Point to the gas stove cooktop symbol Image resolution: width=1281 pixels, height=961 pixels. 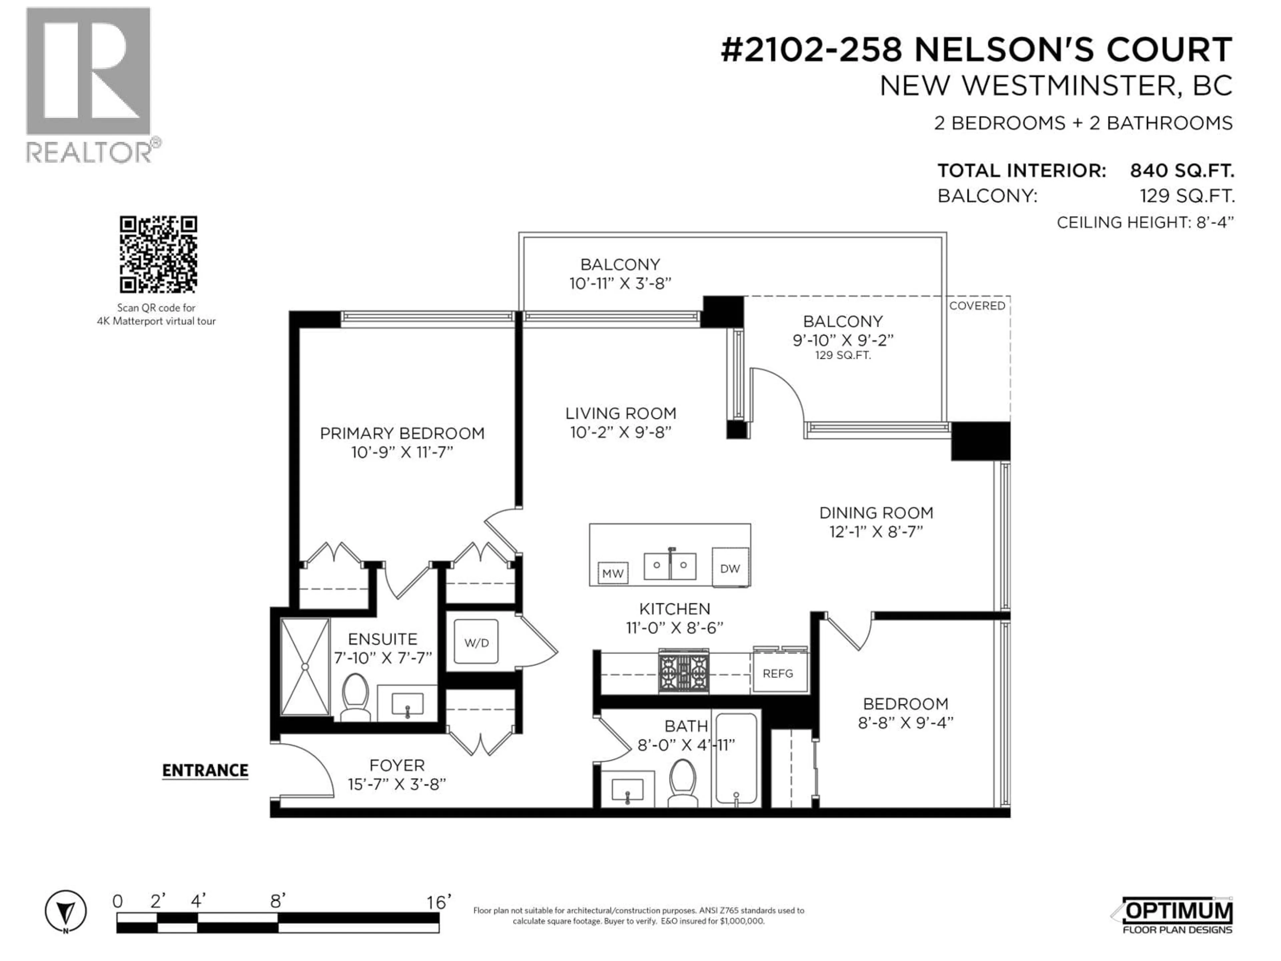(x=683, y=672)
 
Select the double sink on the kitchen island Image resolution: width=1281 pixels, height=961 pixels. (x=670, y=565)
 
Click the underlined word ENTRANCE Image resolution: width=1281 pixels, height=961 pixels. (x=205, y=770)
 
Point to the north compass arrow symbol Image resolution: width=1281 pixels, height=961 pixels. (x=66, y=912)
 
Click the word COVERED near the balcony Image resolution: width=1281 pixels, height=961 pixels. (x=977, y=306)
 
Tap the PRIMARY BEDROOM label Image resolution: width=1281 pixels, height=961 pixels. (x=402, y=433)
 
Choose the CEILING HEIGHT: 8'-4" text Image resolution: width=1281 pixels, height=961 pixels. (x=1145, y=223)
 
